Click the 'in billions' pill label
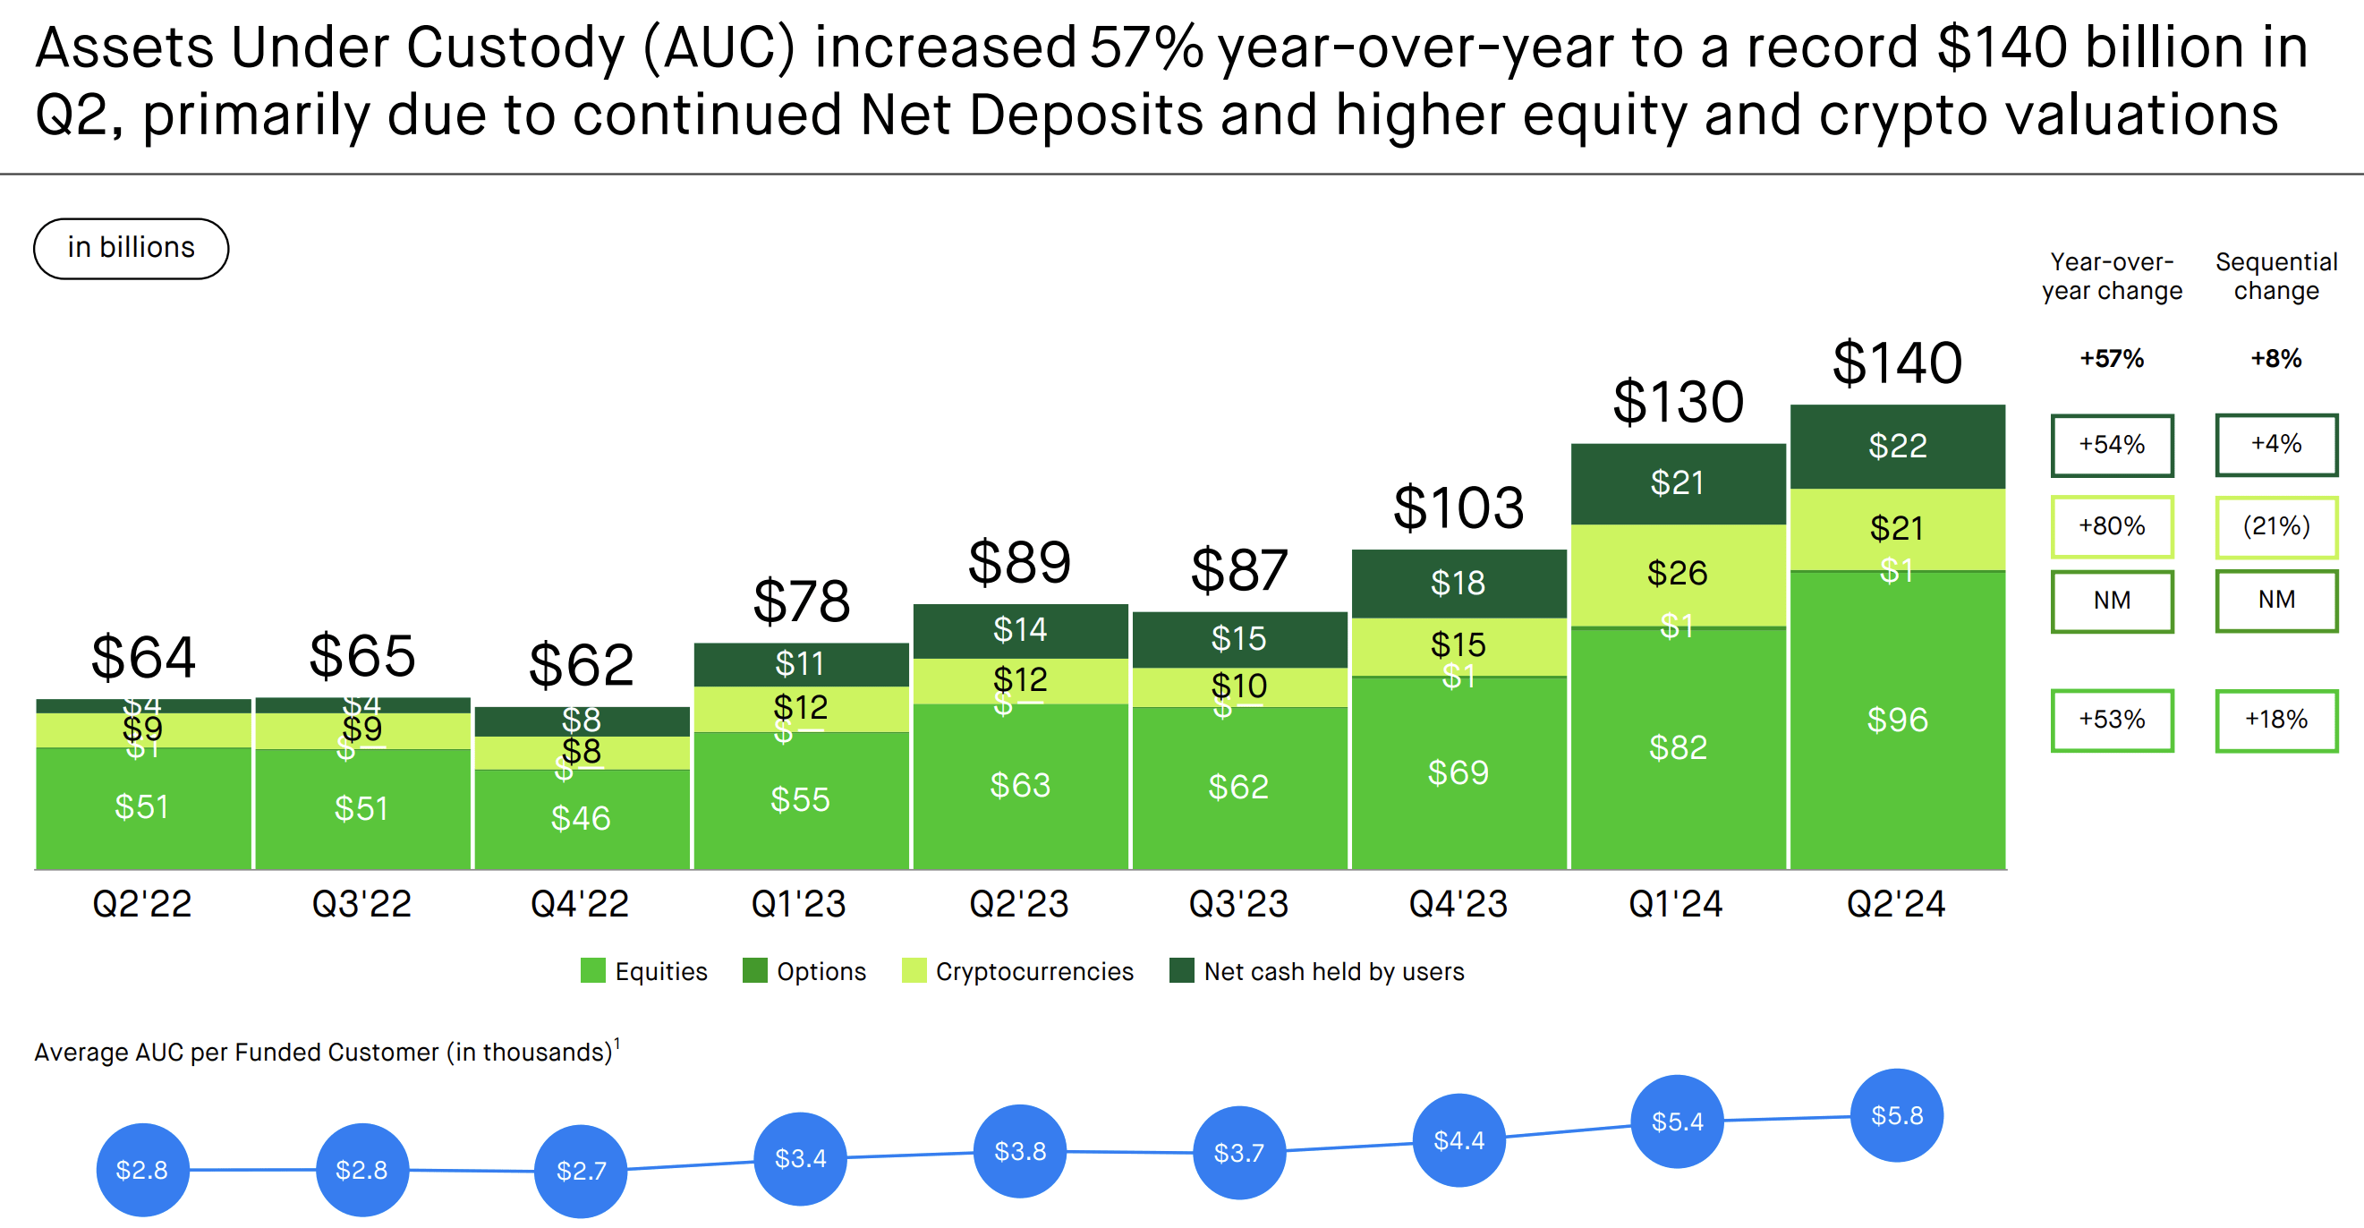click(132, 248)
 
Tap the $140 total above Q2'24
click(1897, 362)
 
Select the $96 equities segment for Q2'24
click(1897, 720)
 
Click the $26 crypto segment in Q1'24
click(1677, 573)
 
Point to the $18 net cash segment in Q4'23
click(1458, 583)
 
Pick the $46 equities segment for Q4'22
click(580, 818)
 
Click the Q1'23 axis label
click(798, 904)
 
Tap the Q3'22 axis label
click(361, 904)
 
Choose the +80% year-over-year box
click(2112, 526)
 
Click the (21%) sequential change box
click(2276, 526)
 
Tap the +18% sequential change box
click(2276, 720)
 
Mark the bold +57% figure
click(2112, 359)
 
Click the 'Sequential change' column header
click(2276, 276)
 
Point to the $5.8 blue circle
click(1897, 1115)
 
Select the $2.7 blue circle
click(580, 1170)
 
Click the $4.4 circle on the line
click(1458, 1140)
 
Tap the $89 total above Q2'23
click(1019, 562)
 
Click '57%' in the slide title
click(1146, 47)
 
